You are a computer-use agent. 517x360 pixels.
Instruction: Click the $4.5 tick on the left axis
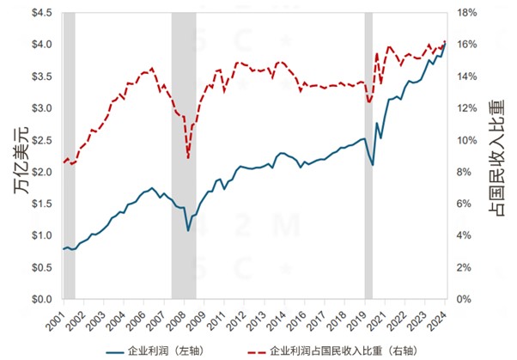coord(41,13)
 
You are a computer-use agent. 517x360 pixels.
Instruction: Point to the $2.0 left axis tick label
coord(41,172)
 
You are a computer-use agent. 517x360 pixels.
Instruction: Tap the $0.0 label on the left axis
coord(41,299)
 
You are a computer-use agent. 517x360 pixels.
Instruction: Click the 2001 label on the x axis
coord(64,317)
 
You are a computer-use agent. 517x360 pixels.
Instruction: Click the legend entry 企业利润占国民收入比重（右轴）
coord(344,351)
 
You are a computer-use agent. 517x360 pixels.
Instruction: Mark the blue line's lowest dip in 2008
coord(188,230)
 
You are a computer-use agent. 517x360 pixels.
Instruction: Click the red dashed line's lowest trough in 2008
coord(188,158)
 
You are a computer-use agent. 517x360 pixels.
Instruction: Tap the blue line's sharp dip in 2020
coord(372,164)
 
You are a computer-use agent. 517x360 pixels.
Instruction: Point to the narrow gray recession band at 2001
coord(69,155)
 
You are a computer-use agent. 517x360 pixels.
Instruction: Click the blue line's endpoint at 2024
coord(445,44)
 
